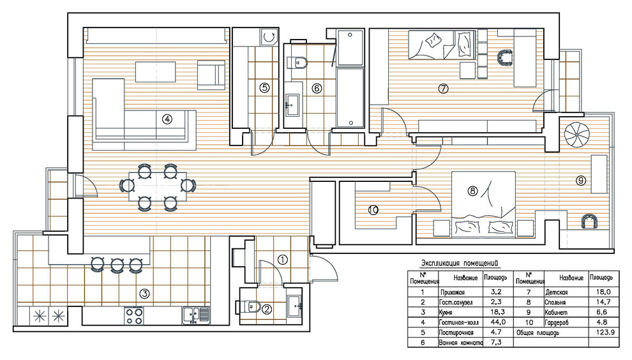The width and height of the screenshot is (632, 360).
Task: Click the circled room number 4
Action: pos(167,119)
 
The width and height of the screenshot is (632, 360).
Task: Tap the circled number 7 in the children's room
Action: pos(443,88)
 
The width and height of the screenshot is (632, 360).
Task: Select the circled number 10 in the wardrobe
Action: pos(373,210)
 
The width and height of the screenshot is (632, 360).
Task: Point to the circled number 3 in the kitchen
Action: pos(144,294)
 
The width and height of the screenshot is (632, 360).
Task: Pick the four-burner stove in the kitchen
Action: pos(134,316)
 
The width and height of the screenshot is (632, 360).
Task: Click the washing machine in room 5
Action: pos(269,38)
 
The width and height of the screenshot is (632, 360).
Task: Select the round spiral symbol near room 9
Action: pos(576,135)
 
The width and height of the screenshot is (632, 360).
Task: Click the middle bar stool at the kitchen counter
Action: pos(117,265)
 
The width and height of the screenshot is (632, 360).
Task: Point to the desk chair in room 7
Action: pos(505,57)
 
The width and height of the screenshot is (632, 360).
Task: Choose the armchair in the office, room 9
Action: pos(590,221)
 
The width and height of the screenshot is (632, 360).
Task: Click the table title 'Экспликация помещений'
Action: pos(460,264)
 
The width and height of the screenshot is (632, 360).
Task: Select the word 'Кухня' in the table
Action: pos(446,312)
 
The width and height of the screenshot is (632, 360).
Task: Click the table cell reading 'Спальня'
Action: pos(555,303)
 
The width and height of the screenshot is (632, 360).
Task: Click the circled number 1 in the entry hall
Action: pos(283,260)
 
